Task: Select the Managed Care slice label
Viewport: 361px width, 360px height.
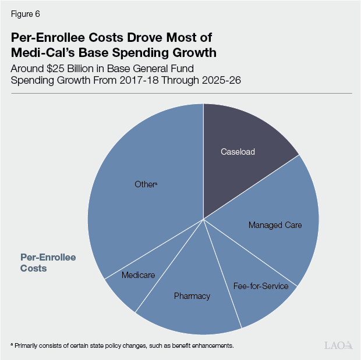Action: click(x=275, y=224)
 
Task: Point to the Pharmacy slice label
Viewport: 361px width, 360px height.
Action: click(x=192, y=296)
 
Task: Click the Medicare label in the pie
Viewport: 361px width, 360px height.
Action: click(x=138, y=275)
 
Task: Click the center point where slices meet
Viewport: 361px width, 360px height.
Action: click(x=203, y=219)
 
